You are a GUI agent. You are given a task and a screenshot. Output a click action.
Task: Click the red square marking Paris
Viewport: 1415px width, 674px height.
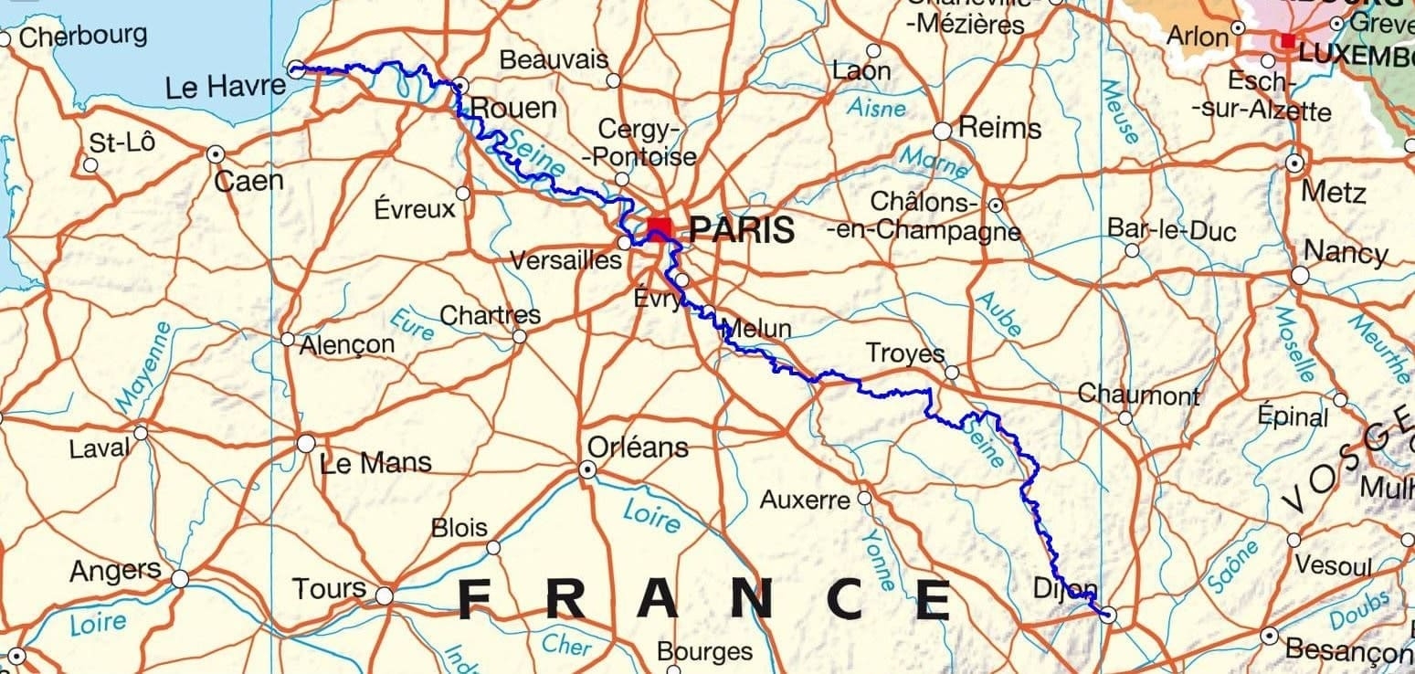[x=659, y=226]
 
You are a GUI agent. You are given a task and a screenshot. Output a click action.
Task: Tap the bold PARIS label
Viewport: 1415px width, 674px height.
[x=741, y=229]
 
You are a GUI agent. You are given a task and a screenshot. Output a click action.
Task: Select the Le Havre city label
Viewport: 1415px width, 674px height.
[x=226, y=88]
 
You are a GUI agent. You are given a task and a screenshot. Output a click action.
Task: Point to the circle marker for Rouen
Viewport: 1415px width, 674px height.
[x=461, y=86]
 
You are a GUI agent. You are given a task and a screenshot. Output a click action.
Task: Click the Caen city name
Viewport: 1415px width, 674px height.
[x=248, y=181]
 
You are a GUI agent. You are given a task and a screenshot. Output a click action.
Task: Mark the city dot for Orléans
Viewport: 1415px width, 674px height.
[x=587, y=469]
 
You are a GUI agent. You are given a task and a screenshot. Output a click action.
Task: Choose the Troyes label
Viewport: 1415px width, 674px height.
[x=904, y=353]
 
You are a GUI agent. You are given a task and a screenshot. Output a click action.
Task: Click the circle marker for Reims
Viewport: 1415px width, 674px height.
[x=942, y=131]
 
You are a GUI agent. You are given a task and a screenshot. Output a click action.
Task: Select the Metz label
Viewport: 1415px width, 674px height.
[x=1334, y=193]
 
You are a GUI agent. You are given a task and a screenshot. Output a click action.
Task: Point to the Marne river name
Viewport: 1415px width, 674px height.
[x=934, y=163]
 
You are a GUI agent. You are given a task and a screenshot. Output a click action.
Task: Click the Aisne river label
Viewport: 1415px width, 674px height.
[x=876, y=107]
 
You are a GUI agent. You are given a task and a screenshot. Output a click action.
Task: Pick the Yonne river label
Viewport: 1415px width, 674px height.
[x=879, y=559]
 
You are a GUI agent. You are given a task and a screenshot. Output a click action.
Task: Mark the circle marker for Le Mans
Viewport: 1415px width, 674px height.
[x=306, y=444]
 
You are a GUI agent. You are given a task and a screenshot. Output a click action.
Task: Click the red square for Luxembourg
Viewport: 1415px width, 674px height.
[x=1287, y=40]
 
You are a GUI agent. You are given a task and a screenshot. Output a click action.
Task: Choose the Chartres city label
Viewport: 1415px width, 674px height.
[x=490, y=316]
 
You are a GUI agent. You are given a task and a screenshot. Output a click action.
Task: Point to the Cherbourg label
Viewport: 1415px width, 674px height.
[x=82, y=37]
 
